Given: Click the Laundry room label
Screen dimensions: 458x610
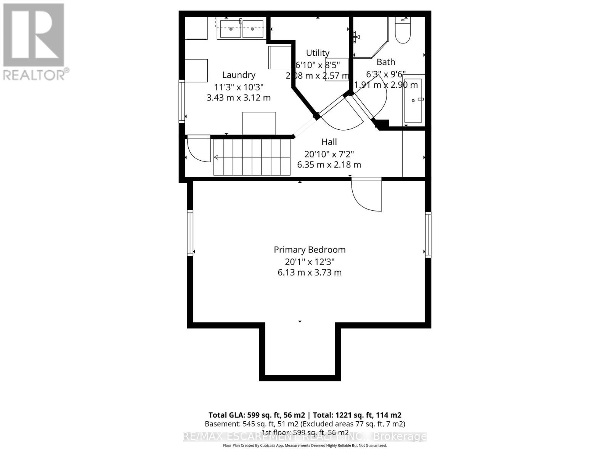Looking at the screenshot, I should (239, 75).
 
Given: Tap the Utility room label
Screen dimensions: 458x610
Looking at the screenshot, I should (318, 53).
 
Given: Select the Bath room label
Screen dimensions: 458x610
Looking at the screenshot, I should (386, 62).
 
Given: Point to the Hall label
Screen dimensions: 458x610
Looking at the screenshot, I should (329, 142).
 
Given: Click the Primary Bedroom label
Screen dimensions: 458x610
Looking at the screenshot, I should (310, 250).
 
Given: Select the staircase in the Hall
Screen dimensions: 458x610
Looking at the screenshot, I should (252, 157).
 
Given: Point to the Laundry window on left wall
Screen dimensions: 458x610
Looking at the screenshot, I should (182, 101).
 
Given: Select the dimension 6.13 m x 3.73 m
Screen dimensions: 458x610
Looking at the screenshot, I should (310, 273).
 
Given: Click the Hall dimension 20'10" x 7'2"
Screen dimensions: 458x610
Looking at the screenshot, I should (329, 154).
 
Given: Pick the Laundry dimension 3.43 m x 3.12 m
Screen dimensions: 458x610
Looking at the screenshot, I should (239, 98).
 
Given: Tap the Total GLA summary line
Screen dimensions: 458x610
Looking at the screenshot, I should (305, 415).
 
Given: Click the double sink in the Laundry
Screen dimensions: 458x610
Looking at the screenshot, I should (241, 29).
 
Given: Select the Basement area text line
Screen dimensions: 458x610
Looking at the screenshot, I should (305, 424).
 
